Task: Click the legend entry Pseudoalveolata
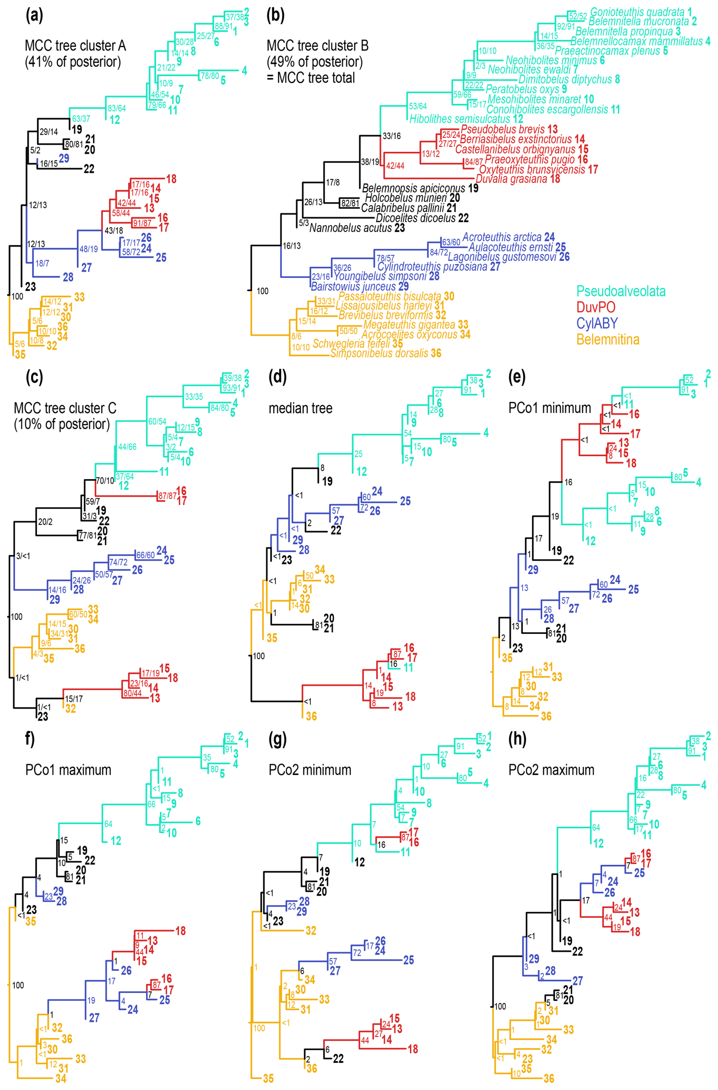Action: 620,291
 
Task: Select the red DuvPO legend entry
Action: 596,307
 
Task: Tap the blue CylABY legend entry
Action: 597,324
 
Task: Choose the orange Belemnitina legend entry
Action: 608,339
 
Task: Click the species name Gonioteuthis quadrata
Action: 637,12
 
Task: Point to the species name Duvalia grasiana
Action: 511,179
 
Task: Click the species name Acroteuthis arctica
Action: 502,237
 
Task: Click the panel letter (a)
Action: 35,16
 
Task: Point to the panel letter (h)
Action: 517,739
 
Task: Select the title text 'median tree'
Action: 300,408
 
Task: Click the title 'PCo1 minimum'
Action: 550,408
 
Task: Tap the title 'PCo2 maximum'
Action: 551,770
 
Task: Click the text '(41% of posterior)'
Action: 72,62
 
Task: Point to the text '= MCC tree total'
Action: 311,78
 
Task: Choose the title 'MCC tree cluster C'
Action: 65,408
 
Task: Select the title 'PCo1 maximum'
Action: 68,770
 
